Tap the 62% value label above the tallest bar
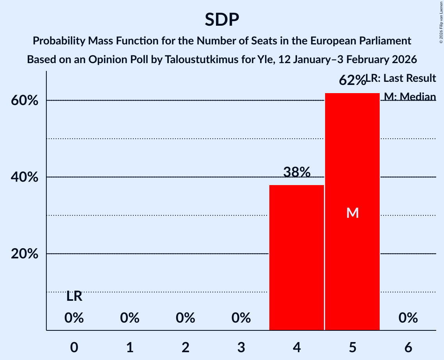tap(352, 80)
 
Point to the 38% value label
tap(297, 172)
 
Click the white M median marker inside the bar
tap(352, 213)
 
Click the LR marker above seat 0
tap(74, 296)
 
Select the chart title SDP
tap(222, 19)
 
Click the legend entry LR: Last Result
tap(401, 78)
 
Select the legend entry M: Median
tap(409, 97)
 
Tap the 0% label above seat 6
tap(408, 318)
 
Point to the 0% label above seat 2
tap(185, 318)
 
